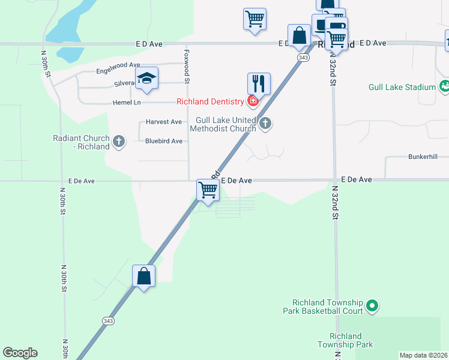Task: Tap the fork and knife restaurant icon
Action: [x=259, y=83]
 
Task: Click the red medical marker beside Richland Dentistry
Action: [x=253, y=101]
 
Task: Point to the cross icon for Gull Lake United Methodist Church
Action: [x=265, y=124]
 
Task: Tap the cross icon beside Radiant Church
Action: [x=119, y=142]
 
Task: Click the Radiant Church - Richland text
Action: [x=80, y=142]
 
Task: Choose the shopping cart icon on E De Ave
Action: [x=208, y=190]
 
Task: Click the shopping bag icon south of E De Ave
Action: [x=143, y=276]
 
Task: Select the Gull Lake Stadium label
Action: [x=402, y=87]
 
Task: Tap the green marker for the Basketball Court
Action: [x=372, y=307]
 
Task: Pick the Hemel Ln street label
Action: [x=126, y=103]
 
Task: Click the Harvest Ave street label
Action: [x=163, y=122]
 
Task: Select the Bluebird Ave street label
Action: [x=163, y=142]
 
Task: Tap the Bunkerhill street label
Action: [x=425, y=157]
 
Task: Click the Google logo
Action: [x=20, y=353]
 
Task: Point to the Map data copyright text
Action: [x=423, y=355]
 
